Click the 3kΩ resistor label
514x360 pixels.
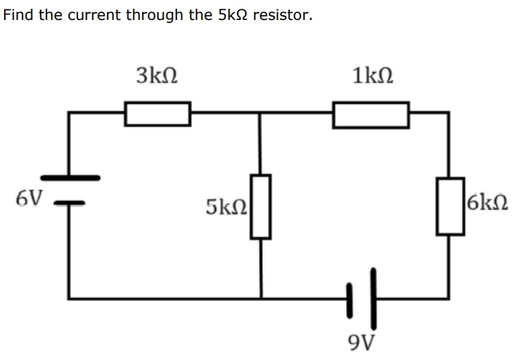[156, 77]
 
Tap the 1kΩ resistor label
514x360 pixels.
[372, 77]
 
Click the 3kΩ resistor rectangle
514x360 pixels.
[157, 113]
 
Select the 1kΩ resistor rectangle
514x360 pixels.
[371, 113]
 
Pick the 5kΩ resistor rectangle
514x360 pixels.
[260, 207]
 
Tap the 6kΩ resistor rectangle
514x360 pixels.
[449, 206]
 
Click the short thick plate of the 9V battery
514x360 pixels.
[350, 299]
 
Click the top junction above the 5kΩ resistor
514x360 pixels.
[260, 113]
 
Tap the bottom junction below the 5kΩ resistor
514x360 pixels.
[260, 299]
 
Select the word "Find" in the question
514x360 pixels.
[18, 14]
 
